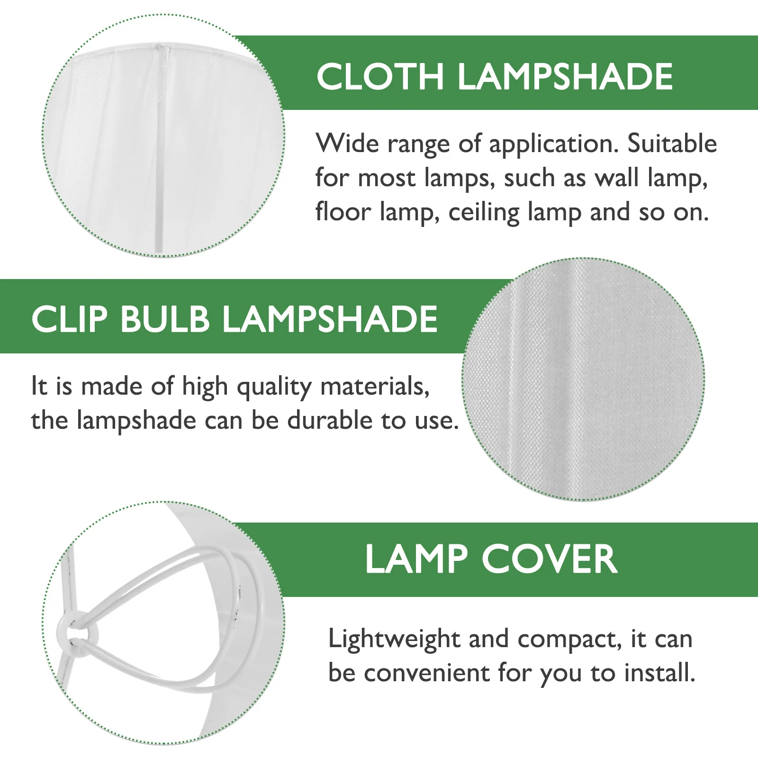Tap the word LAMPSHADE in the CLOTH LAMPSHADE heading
pyautogui.click(x=565, y=77)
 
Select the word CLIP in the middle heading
pyautogui.click(x=70, y=319)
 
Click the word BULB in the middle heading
pyautogui.click(x=165, y=319)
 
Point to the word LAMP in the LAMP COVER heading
pyautogui.click(x=416, y=559)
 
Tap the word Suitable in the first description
pyautogui.click(x=672, y=144)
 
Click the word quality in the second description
pyautogui.click(x=274, y=387)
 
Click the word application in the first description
pyautogui.click(x=554, y=144)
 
